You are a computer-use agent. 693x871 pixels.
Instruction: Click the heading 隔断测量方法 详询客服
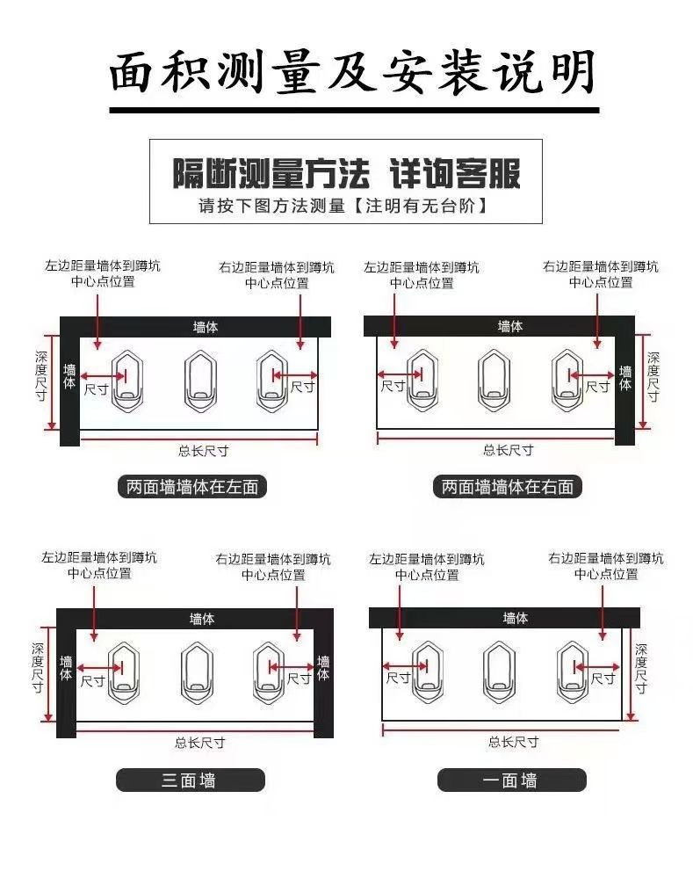pos(345,173)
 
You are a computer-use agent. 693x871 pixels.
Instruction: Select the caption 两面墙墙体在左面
pos(192,486)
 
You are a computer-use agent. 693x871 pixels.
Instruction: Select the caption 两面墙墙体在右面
pos(508,486)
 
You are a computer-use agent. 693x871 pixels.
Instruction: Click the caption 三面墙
pos(190,780)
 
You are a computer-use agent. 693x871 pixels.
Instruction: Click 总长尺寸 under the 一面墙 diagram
pos(514,742)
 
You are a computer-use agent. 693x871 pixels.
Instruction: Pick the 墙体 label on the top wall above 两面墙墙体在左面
pos(206,327)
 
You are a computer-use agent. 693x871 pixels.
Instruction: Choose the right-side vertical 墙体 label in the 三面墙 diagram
pos(323,668)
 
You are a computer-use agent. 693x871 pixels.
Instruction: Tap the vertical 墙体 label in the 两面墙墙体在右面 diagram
pos(625,378)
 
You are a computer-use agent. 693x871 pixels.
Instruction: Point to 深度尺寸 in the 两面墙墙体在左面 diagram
pos(40,376)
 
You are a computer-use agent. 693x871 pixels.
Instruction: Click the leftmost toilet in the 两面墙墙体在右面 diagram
pos(423,381)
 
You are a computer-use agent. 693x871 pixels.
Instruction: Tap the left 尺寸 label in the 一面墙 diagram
pos(399,678)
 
